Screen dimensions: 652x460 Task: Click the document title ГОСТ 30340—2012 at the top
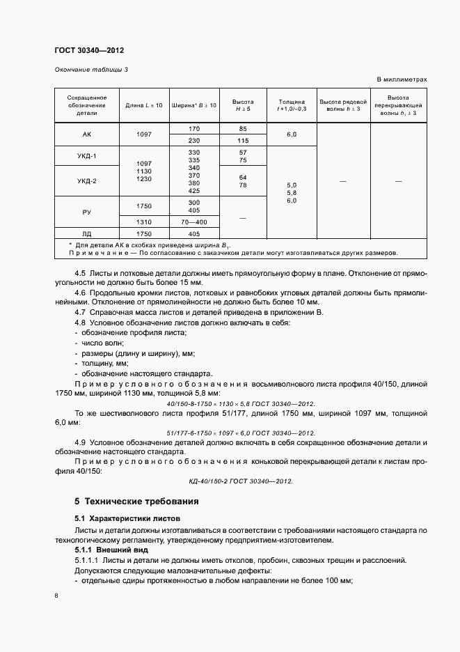(x=89, y=50)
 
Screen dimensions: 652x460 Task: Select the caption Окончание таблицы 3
(x=90, y=70)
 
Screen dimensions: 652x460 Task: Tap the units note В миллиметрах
(x=402, y=79)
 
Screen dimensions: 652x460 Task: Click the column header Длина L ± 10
(x=143, y=105)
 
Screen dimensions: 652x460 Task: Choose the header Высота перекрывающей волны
(x=398, y=105)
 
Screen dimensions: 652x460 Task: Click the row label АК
(x=87, y=134)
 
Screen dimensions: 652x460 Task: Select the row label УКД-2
(x=87, y=181)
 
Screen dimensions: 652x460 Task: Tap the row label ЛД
(x=87, y=233)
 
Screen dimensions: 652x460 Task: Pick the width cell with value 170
(x=193, y=129)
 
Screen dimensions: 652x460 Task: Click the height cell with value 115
(x=243, y=140)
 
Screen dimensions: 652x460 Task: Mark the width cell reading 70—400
(x=193, y=222)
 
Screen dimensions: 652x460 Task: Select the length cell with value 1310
(x=143, y=222)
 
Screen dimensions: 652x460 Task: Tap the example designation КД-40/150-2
(x=241, y=481)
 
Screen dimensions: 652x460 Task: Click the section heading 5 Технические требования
(x=136, y=502)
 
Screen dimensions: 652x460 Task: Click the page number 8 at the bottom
(x=56, y=596)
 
